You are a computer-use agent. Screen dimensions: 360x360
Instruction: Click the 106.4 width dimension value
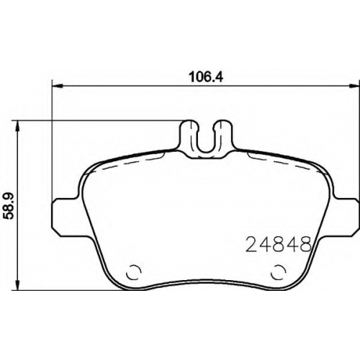click(x=206, y=77)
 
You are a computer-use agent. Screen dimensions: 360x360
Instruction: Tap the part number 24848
click(x=279, y=243)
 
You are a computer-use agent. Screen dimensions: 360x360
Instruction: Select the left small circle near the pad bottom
click(x=133, y=272)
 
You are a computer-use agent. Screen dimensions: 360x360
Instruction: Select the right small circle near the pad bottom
click(x=278, y=272)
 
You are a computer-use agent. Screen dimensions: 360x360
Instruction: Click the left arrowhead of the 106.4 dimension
click(x=58, y=85)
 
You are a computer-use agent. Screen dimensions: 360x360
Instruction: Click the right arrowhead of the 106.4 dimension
click(x=354, y=85)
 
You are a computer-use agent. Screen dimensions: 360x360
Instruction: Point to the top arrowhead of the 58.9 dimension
click(x=17, y=126)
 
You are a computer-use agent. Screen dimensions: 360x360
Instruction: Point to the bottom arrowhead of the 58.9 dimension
click(x=17, y=285)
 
